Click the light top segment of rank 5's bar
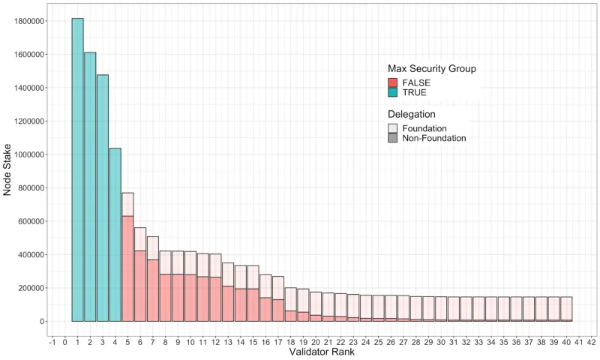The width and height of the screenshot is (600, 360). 127,204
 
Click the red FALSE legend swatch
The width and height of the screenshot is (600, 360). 393,82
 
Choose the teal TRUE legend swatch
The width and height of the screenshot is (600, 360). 393,92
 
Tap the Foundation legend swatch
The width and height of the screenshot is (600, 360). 393,128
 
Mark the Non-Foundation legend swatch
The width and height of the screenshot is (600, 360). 393,139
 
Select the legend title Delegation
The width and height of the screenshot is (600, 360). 412,115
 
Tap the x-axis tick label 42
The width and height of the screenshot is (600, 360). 591,341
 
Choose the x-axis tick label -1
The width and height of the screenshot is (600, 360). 52,341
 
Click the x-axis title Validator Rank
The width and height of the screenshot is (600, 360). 321,352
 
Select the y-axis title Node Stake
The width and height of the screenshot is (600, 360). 7,171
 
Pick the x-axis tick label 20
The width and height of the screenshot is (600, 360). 316,341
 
